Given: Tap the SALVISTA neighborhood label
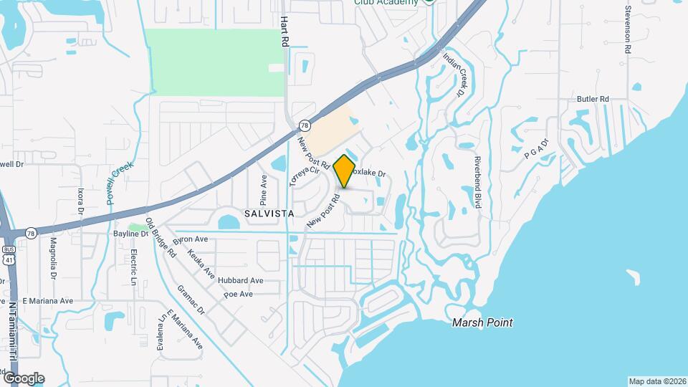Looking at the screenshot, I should [269, 214].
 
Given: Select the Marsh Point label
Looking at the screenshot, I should [482, 322].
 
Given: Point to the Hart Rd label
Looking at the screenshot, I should [285, 32].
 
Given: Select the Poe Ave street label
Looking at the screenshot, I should [238, 294].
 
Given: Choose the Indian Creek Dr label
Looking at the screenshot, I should [454, 74].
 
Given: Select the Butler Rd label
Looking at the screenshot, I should [593, 99].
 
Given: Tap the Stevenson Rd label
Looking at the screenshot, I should [627, 30].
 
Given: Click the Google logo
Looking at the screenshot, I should [24, 378].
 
